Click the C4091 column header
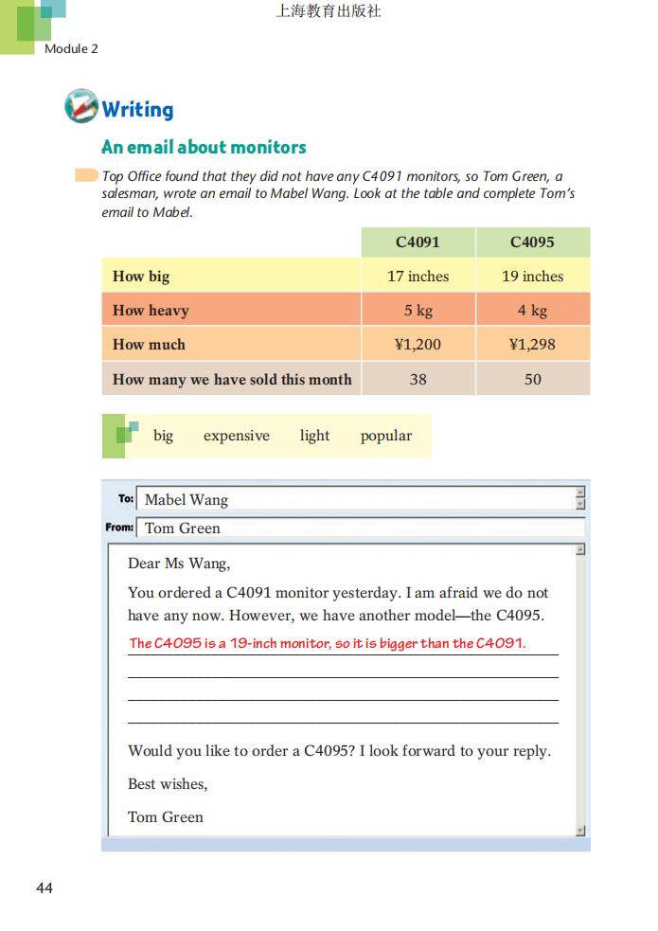tap(418, 242)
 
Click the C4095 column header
tap(532, 242)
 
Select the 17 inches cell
tap(418, 277)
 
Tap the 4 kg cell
tap(532, 311)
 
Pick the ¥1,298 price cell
tap(532, 345)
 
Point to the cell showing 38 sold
tap(418, 379)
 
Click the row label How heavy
tap(151, 311)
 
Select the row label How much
tap(149, 345)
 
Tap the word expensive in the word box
tap(236, 436)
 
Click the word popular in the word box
tap(385, 436)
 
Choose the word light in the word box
tap(314, 436)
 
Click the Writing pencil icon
tap(81, 106)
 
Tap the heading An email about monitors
tap(204, 147)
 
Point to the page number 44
tap(44, 887)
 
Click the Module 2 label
tap(71, 48)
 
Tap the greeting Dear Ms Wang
tap(179, 564)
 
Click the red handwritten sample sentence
tap(327, 644)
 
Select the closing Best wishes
tap(168, 784)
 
